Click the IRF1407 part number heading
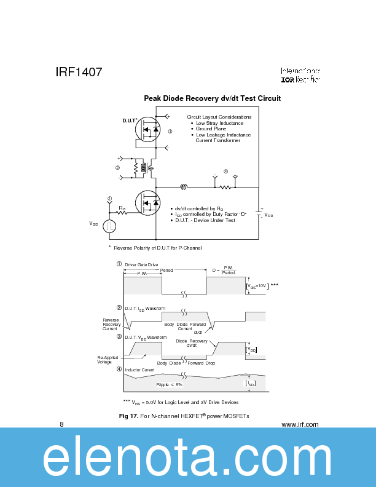[79, 72]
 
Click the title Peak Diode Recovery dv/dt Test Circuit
[212, 98]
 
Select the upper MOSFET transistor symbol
[148, 129]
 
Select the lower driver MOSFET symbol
[148, 202]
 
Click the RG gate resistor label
[122, 208]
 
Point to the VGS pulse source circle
[109, 226]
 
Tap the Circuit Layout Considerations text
[219, 117]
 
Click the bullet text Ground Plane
[211, 129]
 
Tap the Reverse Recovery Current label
[111, 325]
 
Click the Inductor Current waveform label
[139, 370]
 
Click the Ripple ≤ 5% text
[169, 384]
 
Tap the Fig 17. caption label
[129, 417]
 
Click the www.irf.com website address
[299, 424]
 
